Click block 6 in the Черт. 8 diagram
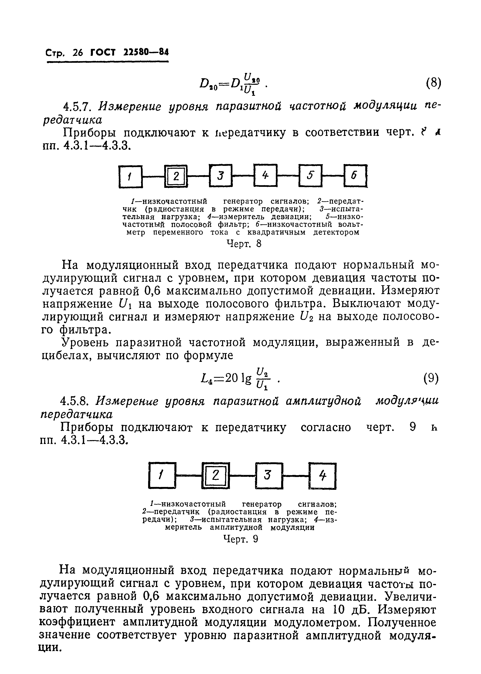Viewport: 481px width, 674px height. tap(355, 176)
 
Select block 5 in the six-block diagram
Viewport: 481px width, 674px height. tap(310, 176)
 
